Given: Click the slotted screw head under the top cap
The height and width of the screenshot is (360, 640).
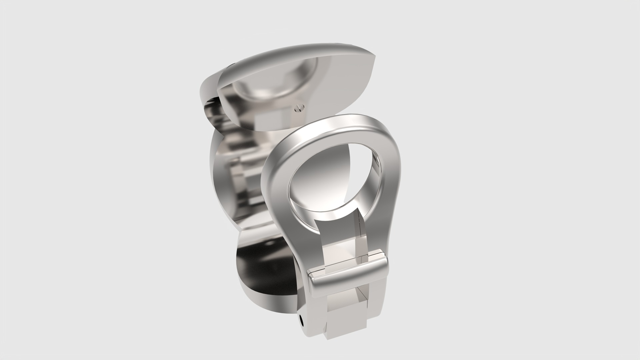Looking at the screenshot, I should click(x=299, y=107).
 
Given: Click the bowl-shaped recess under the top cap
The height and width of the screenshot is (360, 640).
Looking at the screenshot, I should click(x=267, y=83).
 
